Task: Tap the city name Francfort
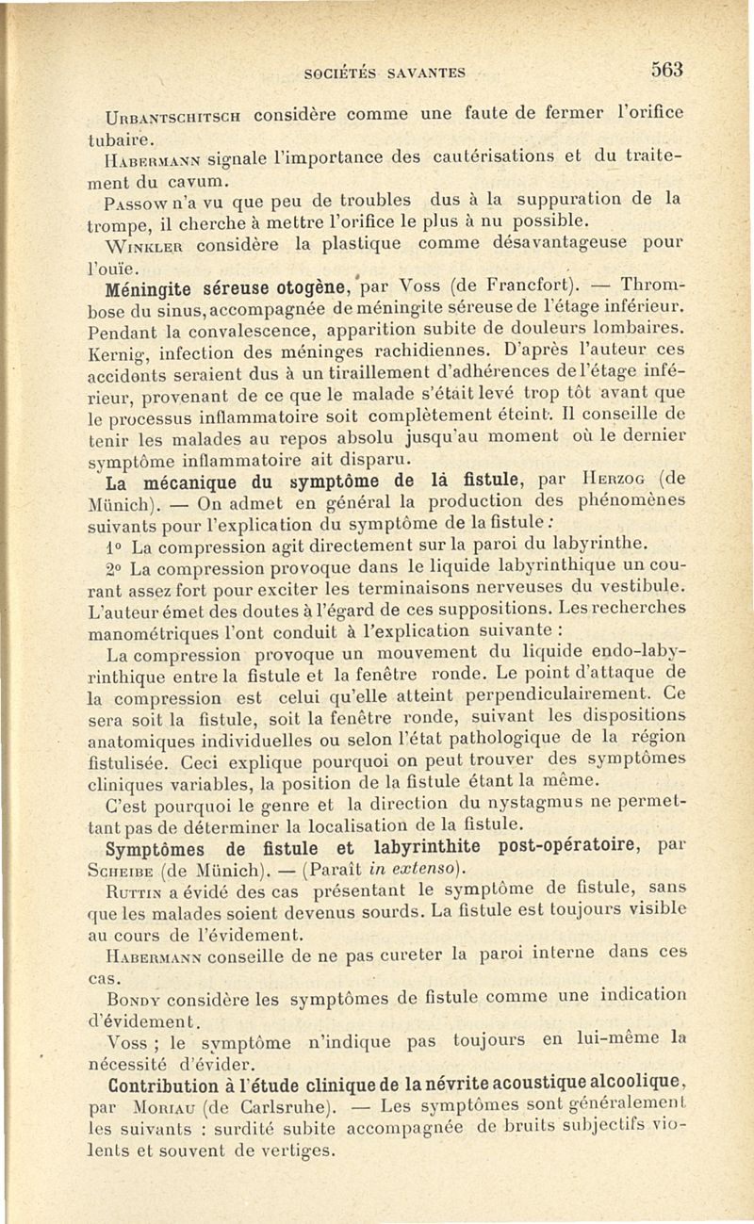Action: pyautogui.click(x=525, y=288)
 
